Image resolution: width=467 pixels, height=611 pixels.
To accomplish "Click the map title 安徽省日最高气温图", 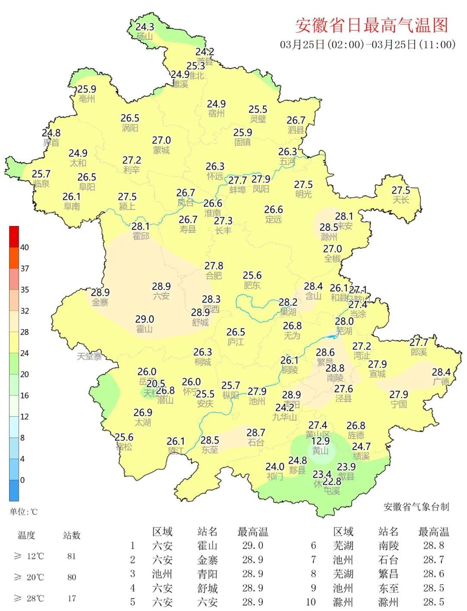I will point(371,25).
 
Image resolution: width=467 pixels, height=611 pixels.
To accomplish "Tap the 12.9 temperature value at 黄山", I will point(320,441).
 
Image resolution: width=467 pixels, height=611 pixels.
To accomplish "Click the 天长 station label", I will point(400,200).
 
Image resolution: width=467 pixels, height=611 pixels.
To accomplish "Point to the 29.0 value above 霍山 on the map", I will point(144,319).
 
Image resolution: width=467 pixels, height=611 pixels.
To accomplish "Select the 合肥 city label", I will point(214,275).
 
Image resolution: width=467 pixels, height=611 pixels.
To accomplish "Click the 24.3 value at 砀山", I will point(145,27).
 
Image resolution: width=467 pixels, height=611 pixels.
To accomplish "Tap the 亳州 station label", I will point(86,99).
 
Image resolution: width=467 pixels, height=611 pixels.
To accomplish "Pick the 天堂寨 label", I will point(90,356).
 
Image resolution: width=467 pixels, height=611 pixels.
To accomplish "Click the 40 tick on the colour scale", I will point(25,247).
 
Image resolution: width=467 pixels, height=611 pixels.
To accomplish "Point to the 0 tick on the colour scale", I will point(22,480).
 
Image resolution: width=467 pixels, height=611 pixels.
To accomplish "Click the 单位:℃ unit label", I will point(24,512).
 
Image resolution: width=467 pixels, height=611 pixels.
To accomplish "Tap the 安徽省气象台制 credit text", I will point(416,507).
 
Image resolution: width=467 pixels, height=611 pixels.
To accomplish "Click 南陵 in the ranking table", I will point(388,546).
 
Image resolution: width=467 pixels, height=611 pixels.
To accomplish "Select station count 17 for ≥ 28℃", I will point(72,598).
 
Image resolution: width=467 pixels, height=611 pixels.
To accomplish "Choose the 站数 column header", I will point(72,535).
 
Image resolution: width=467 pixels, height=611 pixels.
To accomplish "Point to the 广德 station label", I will point(441,382).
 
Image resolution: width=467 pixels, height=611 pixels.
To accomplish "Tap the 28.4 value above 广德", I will point(441,372).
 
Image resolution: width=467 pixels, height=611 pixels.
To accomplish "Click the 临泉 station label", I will point(42,184).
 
